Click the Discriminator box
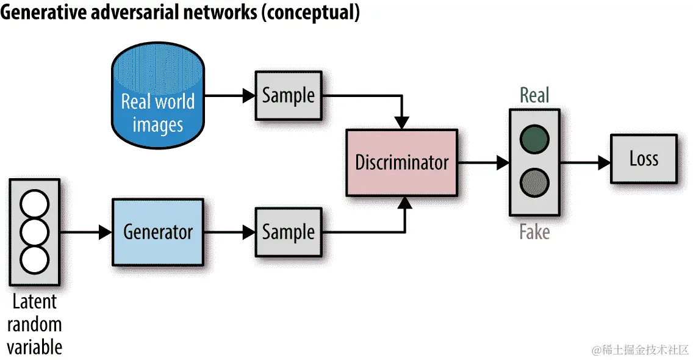(x=401, y=162)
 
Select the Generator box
(x=157, y=232)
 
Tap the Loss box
(x=644, y=159)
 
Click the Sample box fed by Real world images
(x=288, y=95)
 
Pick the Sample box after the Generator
(x=288, y=232)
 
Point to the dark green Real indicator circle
(x=534, y=139)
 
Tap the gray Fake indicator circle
(x=534, y=182)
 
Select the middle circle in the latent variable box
(x=34, y=232)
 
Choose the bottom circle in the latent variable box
(x=34, y=259)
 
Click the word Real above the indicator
(x=534, y=95)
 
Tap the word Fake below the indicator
(x=534, y=232)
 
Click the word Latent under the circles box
(x=35, y=301)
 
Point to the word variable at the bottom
(x=35, y=347)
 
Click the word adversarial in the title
(x=153, y=13)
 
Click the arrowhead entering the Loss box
(x=604, y=162)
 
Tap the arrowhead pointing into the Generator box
(x=106, y=232)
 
